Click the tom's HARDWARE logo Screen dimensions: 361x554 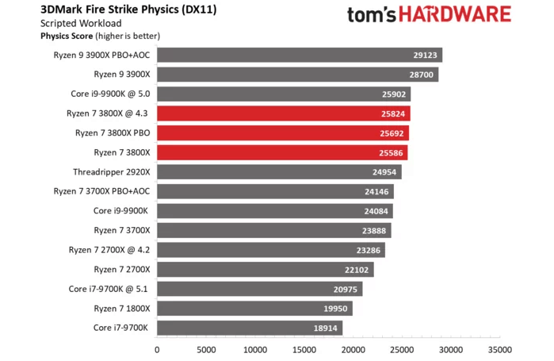(430, 16)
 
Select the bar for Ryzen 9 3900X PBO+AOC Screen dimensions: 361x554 (300, 56)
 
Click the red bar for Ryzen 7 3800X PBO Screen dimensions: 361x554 (283, 132)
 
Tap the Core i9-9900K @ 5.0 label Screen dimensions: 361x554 (110, 94)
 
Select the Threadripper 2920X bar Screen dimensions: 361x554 (279, 171)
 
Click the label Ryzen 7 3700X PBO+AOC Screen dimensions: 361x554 (101, 191)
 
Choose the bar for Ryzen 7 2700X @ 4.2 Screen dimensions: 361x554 (270, 250)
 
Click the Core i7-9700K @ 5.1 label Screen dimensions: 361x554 (111, 289)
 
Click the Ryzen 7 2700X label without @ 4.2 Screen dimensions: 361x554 (122, 270)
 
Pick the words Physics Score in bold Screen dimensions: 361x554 (66, 36)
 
